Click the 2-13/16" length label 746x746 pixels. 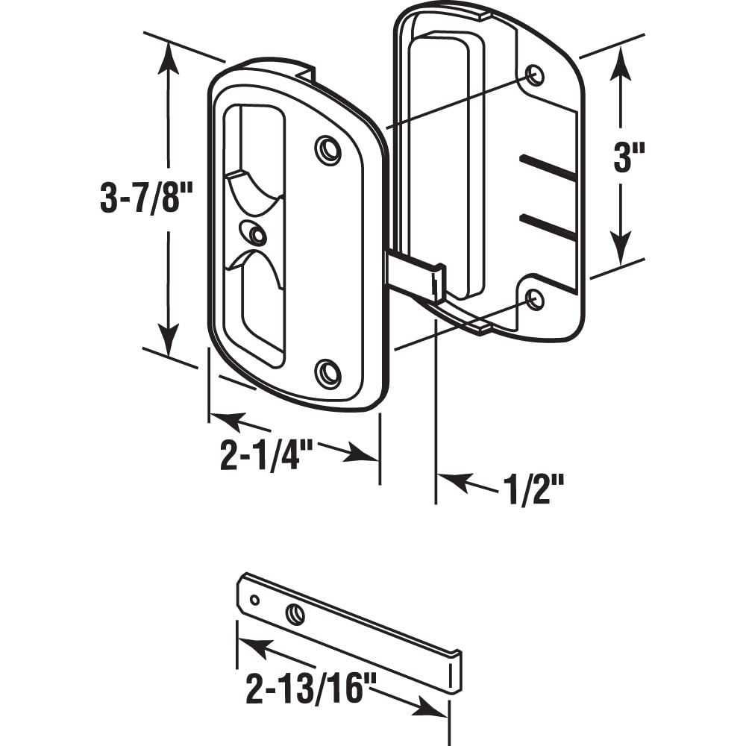(x=308, y=691)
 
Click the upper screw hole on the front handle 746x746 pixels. (x=327, y=149)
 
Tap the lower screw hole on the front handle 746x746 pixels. (x=327, y=372)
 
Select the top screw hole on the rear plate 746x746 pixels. (x=535, y=75)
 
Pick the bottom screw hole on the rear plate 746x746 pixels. (x=535, y=300)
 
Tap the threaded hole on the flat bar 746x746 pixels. (x=295, y=613)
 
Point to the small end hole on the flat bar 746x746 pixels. (x=255, y=599)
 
